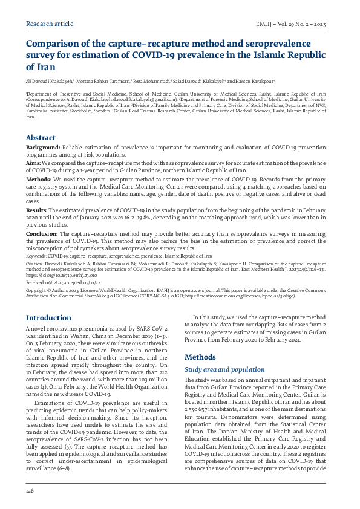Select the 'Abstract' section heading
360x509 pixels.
click(41, 138)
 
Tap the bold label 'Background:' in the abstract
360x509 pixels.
click(42, 148)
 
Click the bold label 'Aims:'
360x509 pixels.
click(33, 163)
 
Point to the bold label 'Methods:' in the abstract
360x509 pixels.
click(38, 180)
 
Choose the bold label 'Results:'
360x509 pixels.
click(38, 209)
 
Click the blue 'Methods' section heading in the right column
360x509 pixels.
click(200, 357)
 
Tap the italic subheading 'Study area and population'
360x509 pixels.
click(224, 369)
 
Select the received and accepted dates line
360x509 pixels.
click(59, 281)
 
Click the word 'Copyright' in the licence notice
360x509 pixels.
click(38, 291)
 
